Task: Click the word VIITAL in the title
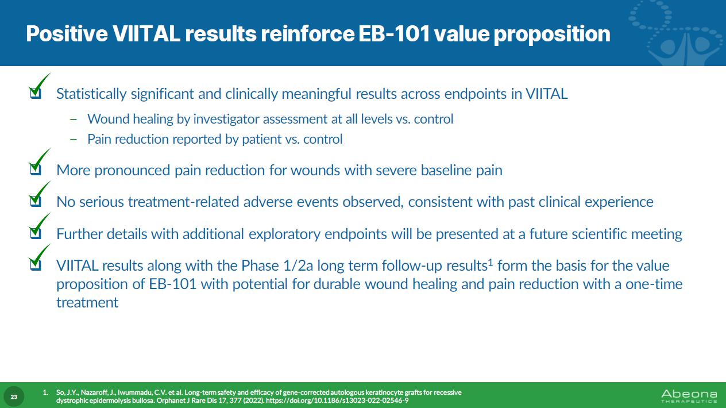click(x=146, y=34)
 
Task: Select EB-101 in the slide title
click(x=394, y=34)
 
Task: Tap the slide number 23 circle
click(x=14, y=397)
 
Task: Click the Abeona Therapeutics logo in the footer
click(x=689, y=396)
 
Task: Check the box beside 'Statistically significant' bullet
click(x=36, y=93)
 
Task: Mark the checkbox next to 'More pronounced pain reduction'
click(x=36, y=170)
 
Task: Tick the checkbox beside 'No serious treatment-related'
click(x=36, y=201)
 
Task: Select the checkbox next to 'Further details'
click(x=36, y=233)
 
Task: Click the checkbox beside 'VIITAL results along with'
click(x=36, y=265)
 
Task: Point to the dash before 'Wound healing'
click(x=74, y=120)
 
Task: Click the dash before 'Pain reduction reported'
click(x=74, y=140)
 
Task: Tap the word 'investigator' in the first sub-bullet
click(x=226, y=120)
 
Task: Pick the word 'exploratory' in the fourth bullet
click(x=284, y=234)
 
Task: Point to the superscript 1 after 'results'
click(x=491, y=262)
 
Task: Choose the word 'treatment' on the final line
click(x=87, y=303)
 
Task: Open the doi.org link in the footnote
click(x=337, y=401)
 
